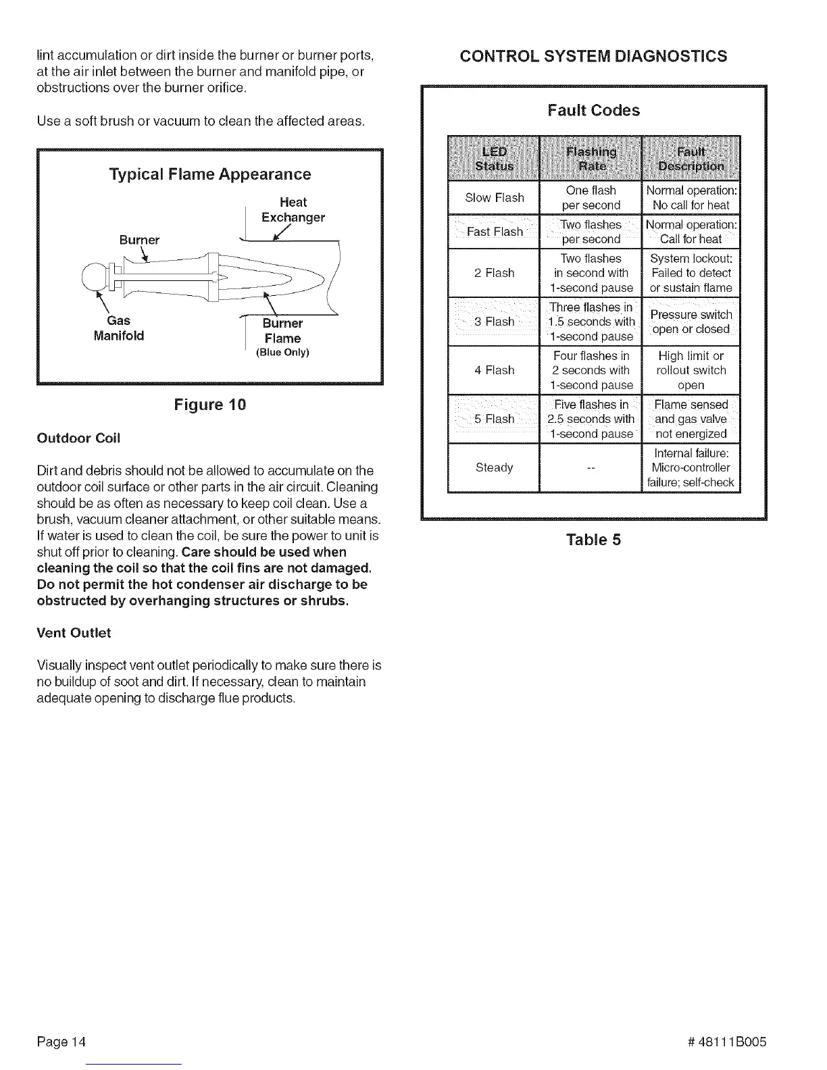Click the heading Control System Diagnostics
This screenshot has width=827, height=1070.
(x=593, y=56)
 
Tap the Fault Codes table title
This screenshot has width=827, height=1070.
(x=593, y=110)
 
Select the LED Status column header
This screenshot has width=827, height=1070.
(x=494, y=159)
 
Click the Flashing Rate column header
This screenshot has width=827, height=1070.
(x=591, y=159)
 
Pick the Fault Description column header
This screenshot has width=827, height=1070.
(x=691, y=159)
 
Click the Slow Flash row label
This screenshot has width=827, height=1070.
(x=494, y=198)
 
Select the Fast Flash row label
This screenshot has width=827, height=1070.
(x=494, y=232)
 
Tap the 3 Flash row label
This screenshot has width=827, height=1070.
(x=494, y=322)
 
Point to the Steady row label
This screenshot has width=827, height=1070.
(x=494, y=467)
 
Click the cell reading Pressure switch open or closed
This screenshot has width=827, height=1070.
(x=691, y=322)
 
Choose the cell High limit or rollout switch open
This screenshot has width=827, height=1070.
(x=691, y=370)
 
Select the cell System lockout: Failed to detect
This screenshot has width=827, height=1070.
(x=691, y=273)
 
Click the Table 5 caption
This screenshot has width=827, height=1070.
(x=593, y=540)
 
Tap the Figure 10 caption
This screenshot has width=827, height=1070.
(x=210, y=405)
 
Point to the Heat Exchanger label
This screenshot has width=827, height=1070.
(x=293, y=209)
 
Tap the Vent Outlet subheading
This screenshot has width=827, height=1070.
(x=74, y=633)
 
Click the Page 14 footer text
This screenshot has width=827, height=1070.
(x=61, y=1041)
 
